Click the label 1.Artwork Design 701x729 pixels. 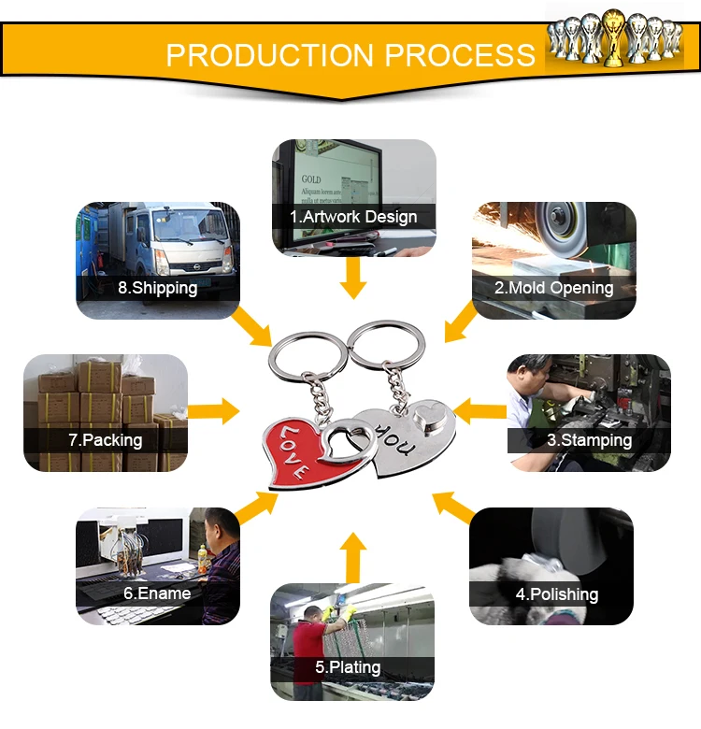coord(353,217)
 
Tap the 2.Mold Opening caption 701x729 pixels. coord(554,288)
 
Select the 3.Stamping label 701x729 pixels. coord(589,439)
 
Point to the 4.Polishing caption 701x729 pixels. coord(557,593)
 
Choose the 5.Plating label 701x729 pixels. coord(348,667)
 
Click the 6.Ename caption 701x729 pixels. coord(157,593)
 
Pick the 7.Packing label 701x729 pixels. coord(105,439)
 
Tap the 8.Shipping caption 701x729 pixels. coord(157,288)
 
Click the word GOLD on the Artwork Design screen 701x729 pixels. coord(311,179)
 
